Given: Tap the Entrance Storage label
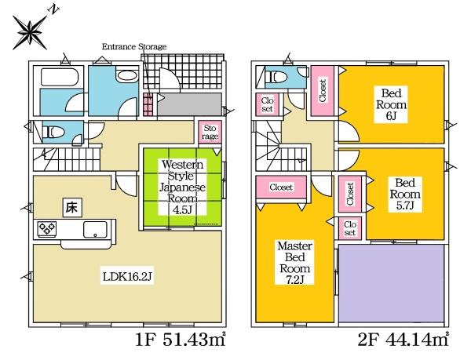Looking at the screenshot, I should click(x=135, y=47).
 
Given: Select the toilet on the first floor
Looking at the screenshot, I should click(x=52, y=133).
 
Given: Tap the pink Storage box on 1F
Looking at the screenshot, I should click(x=210, y=133).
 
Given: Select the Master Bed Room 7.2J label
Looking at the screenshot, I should click(x=295, y=264).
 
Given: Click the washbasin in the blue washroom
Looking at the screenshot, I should click(x=126, y=79).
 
